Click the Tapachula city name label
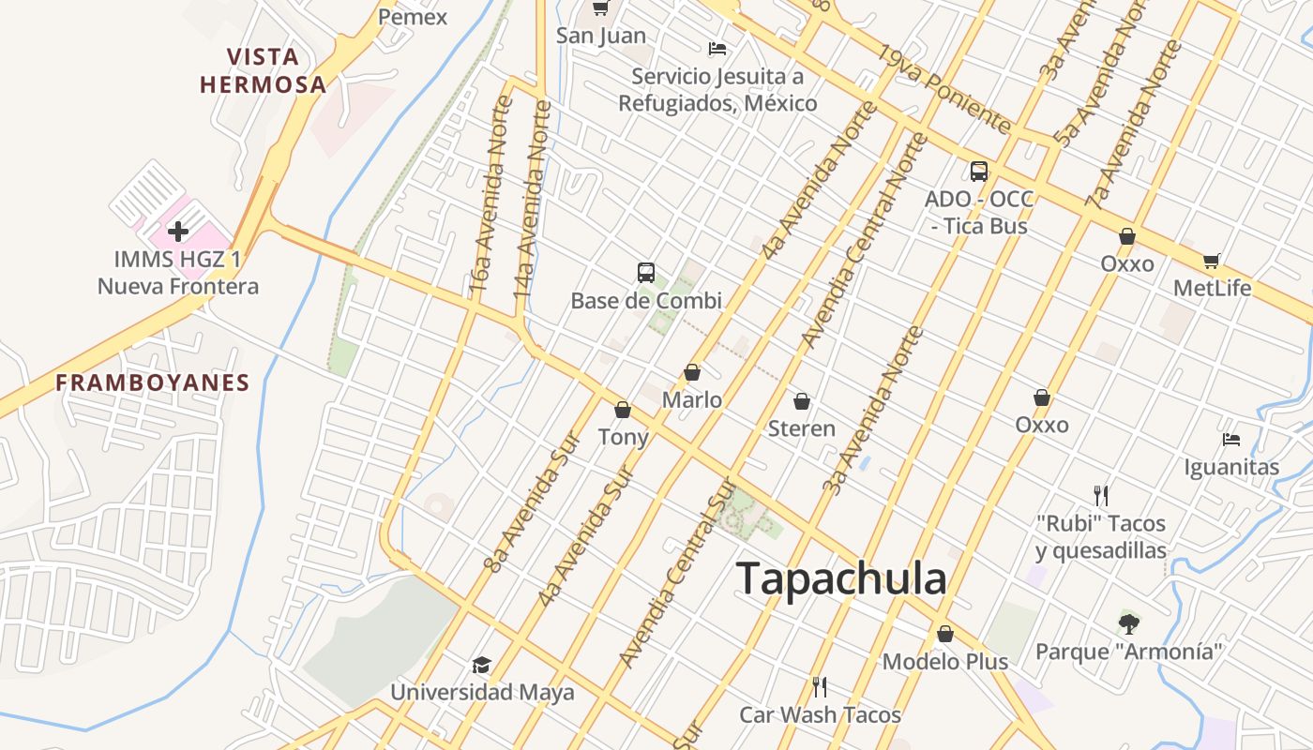click(841, 578)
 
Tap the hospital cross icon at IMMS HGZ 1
click(178, 231)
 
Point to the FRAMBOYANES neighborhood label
click(153, 382)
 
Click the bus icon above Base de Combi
click(646, 273)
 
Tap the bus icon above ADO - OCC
click(979, 171)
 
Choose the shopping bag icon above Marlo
click(692, 372)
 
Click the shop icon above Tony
click(623, 410)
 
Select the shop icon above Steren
click(802, 401)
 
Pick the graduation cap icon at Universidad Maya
click(481, 665)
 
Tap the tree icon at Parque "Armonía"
click(1129, 622)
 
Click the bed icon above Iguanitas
click(1231, 439)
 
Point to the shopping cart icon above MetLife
click(1212, 261)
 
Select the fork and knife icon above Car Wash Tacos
click(820, 687)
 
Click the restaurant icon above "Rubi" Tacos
click(1101, 495)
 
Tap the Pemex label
click(413, 17)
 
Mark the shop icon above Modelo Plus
click(945, 634)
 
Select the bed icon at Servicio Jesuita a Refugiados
click(717, 48)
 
